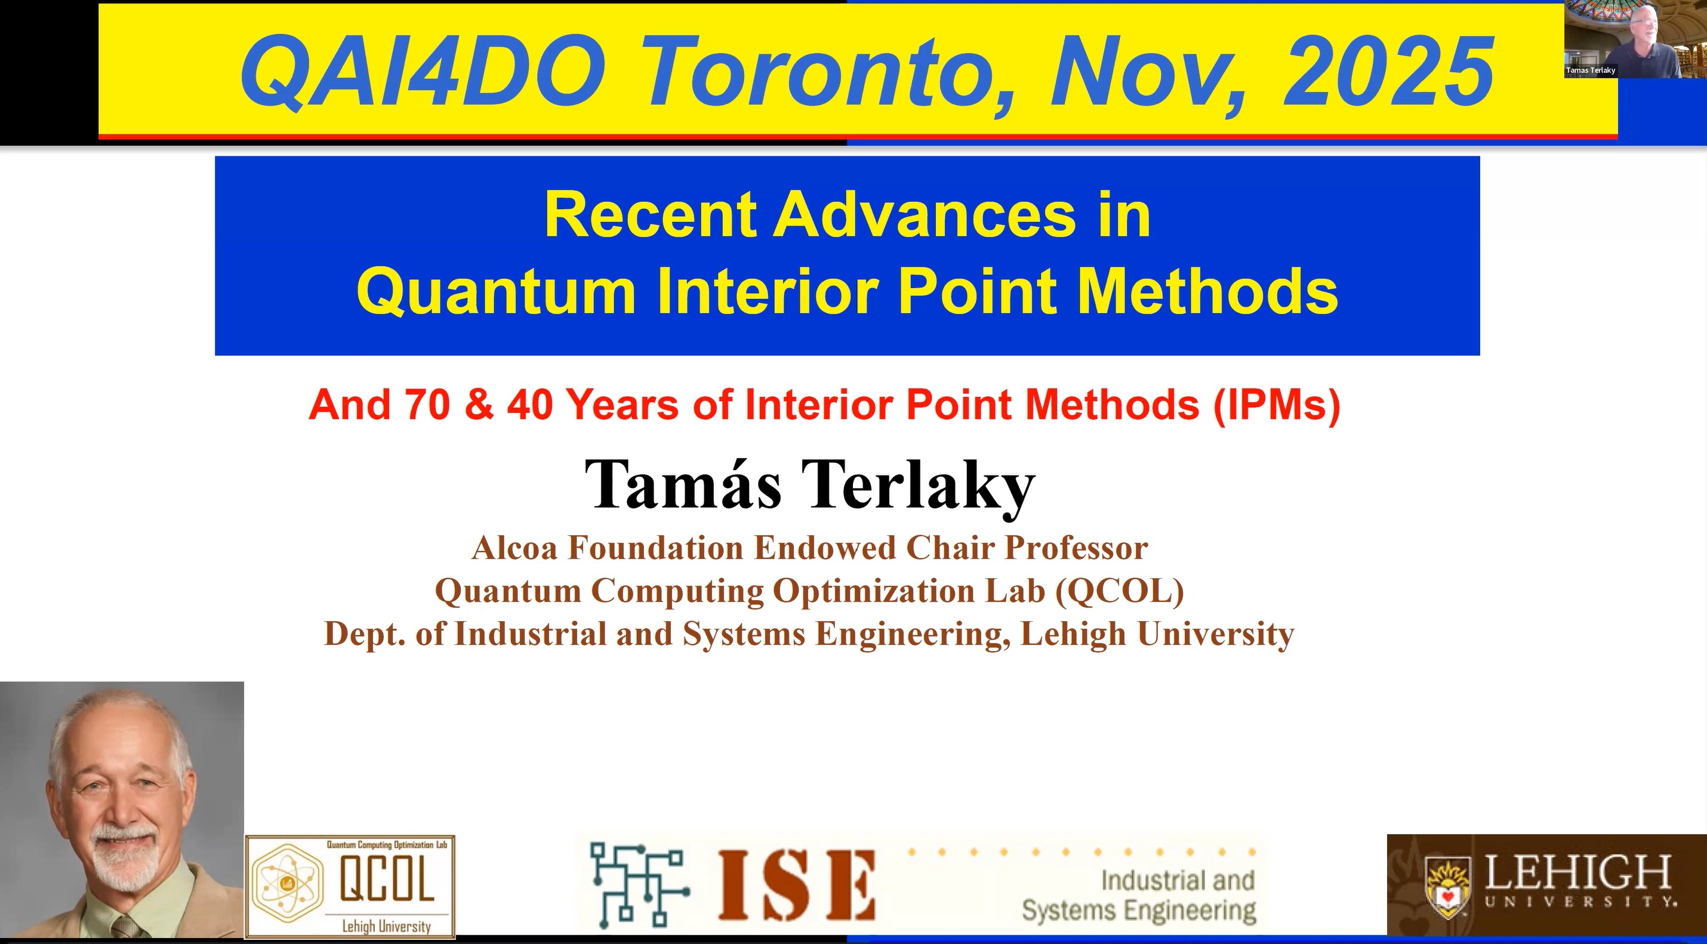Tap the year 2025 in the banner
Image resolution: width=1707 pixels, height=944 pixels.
point(1388,71)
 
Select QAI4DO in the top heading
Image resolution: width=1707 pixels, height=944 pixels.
point(423,71)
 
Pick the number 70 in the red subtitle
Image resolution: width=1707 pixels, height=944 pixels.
point(428,404)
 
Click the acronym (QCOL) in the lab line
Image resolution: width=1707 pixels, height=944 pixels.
point(1120,591)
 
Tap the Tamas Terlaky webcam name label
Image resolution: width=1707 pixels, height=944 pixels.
point(1591,70)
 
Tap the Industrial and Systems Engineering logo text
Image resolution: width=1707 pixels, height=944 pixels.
point(1139,895)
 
